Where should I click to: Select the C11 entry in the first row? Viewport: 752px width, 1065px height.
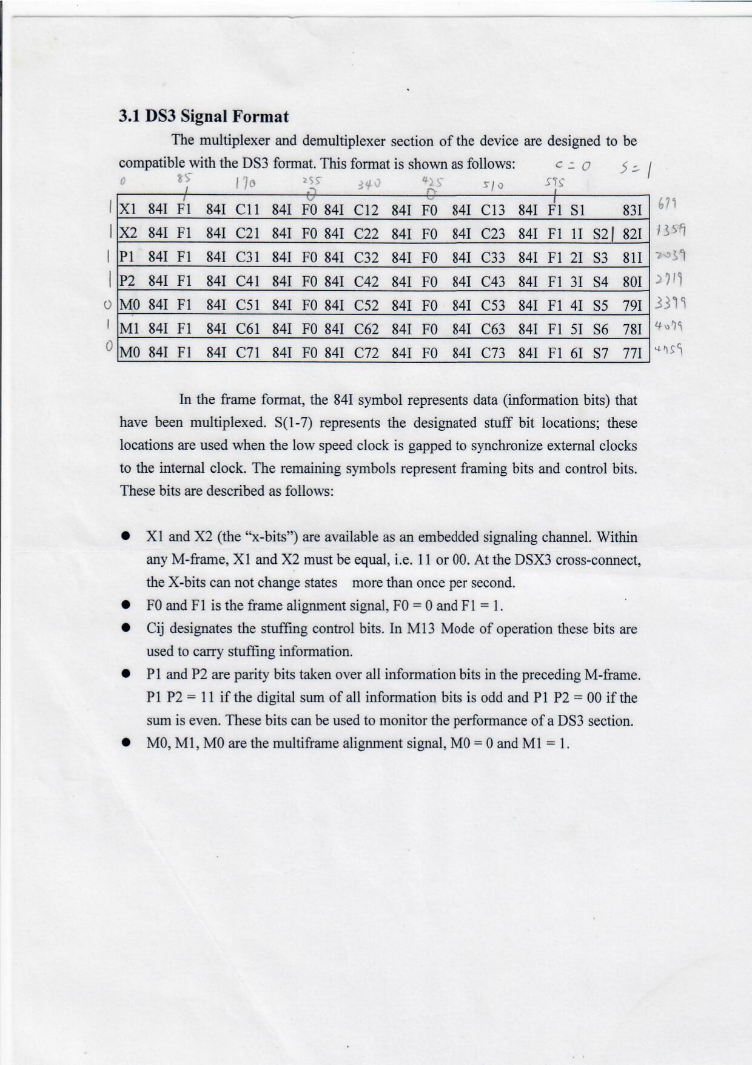pos(247,211)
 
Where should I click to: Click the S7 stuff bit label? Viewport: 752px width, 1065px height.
pos(600,353)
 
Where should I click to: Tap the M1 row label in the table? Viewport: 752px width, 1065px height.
pos(129,330)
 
